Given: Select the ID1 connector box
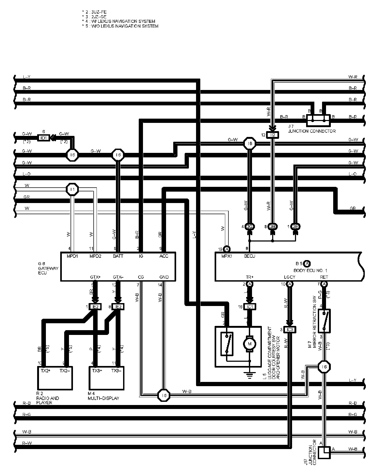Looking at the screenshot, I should [44, 138].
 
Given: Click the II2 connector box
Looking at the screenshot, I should [272, 135].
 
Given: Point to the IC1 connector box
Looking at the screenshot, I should [250, 307].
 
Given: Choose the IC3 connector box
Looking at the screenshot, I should [290, 330].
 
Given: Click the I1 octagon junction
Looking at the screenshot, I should [72, 189].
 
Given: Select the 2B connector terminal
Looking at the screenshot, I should [273, 227].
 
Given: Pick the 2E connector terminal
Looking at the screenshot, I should [295, 227].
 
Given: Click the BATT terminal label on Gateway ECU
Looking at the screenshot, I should [118, 256].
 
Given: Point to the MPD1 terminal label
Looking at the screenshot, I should [72, 256].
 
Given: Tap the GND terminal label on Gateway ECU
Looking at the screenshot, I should [164, 277].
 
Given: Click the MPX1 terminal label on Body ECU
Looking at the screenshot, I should [227, 256].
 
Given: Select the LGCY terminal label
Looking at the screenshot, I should [289, 277].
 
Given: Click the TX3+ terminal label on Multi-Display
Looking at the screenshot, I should [97, 371].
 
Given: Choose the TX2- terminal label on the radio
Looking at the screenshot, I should [65, 371].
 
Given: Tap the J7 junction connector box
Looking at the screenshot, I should [318, 120].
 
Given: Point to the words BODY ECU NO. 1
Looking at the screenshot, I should [310, 270].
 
